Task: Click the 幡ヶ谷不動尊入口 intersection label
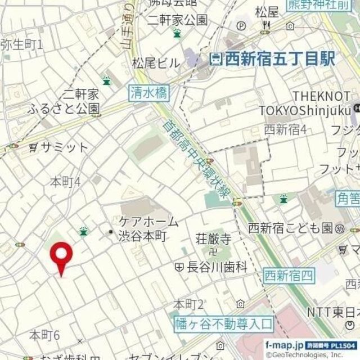[223, 323]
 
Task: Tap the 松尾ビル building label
[156, 62]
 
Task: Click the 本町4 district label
[66, 182]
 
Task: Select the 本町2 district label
[188, 305]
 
